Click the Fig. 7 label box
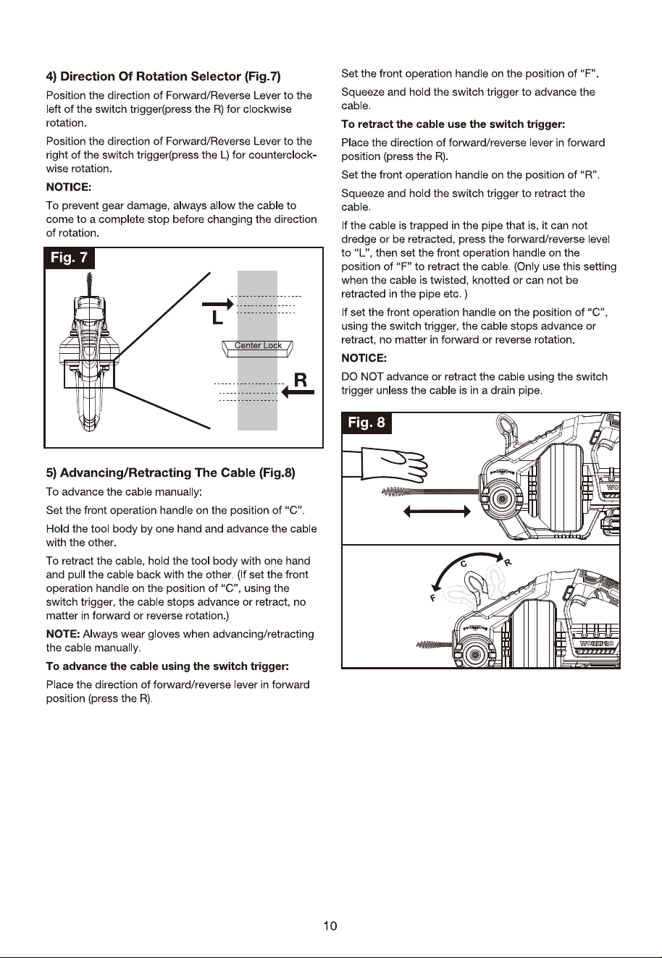70,258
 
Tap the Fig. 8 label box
366,423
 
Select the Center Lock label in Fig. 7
258,346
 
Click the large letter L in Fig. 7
217,318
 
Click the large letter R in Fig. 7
301,379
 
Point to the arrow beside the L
218,304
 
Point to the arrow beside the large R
298,392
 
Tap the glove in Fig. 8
385,464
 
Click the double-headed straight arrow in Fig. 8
437,512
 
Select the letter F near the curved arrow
433,598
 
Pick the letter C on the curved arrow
463,564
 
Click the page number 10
330,926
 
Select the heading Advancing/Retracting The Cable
170,472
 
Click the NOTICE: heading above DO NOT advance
364,358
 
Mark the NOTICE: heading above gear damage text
69,187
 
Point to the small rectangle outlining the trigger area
90,374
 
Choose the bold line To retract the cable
453,124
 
